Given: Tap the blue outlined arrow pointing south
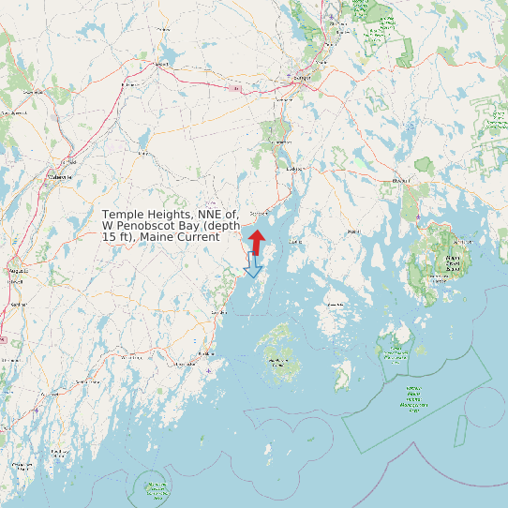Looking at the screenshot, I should [252, 266].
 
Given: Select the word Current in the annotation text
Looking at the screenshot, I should [197, 237].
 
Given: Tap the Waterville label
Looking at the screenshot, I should [58, 175].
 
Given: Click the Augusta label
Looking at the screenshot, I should [18, 269].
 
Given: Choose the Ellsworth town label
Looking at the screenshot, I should [402, 179].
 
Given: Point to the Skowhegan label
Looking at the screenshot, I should [38, 93].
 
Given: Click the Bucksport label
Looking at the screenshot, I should [296, 169].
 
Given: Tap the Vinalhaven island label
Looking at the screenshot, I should [278, 360].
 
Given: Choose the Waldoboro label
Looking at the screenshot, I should [129, 357].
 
